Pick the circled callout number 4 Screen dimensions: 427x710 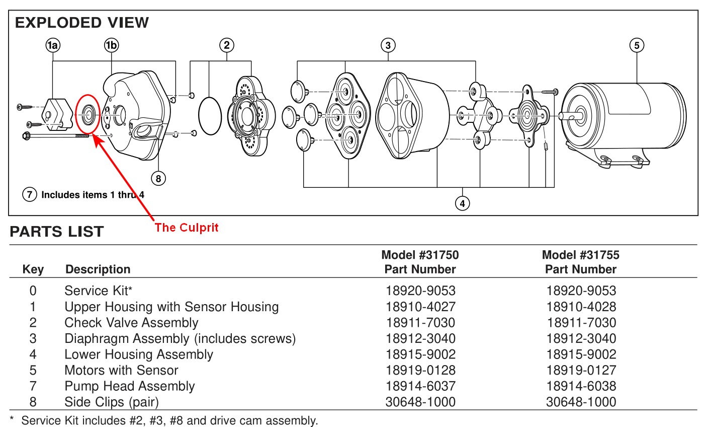[x=462, y=203]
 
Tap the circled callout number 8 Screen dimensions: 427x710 [x=158, y=178]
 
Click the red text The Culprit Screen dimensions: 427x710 [x=187, y=228]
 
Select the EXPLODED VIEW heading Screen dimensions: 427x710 [x=81, y=23]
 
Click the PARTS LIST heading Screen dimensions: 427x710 [x=56, y=232]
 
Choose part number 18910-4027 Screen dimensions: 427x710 [x=420, y=307]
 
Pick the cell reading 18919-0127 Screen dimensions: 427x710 [x=581, y=371]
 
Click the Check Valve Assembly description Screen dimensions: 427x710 [x=131, y=323]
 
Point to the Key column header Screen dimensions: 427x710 [x=33, y=270]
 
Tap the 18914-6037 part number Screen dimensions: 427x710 [x=420, y=387]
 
